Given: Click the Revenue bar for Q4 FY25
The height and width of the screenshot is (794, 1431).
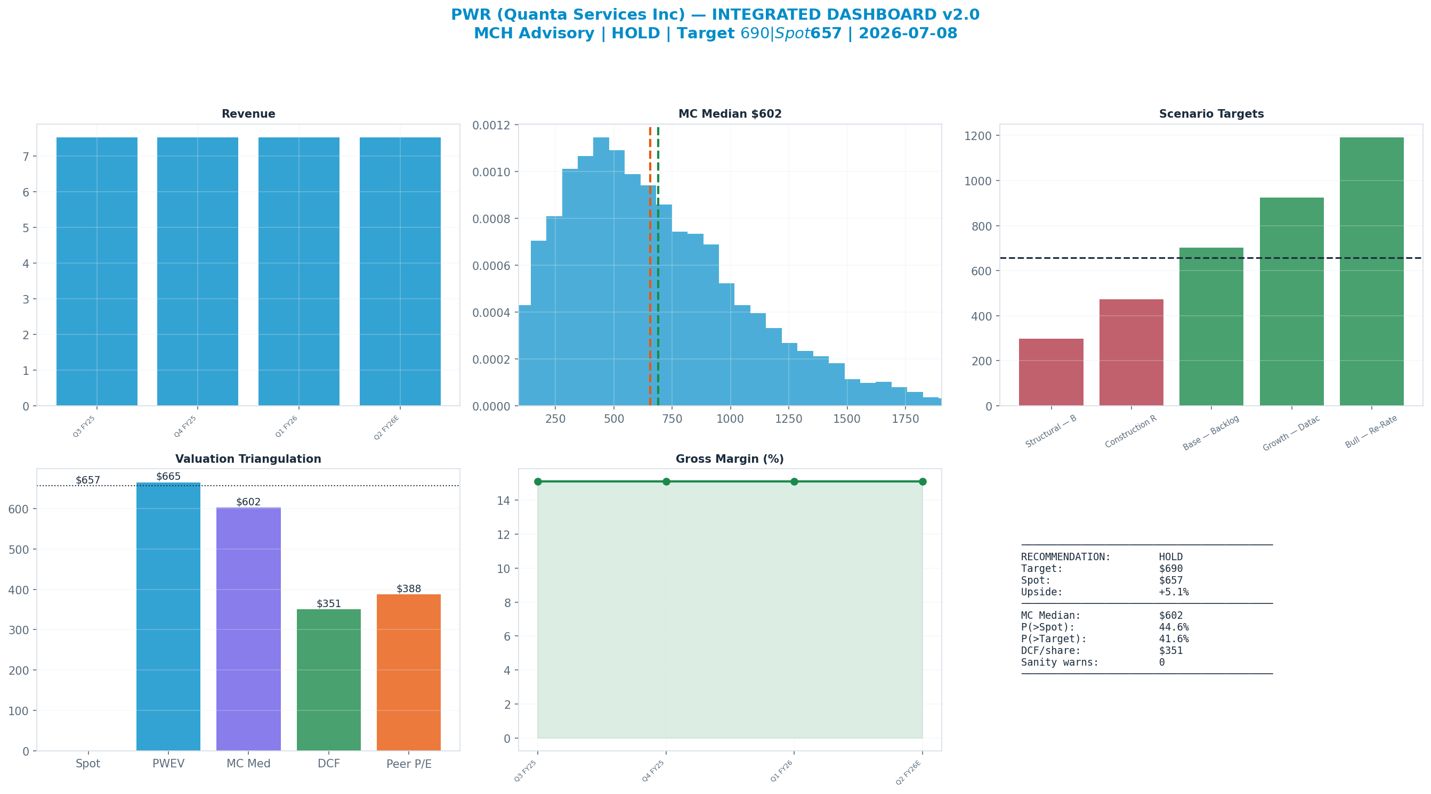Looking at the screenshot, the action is click(198, 272).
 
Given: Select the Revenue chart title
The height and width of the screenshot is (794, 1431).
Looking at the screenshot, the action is click(248, 114).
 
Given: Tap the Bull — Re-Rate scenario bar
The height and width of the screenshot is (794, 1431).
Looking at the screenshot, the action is click(1371, 272).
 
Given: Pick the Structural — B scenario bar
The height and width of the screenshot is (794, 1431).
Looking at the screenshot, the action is click(1051, 372).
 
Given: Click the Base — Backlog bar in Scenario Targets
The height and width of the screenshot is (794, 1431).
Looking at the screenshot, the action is click(1211, 326).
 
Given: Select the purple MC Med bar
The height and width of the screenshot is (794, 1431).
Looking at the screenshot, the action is click(248, 629).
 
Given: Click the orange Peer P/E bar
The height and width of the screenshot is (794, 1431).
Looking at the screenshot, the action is click(409, 673).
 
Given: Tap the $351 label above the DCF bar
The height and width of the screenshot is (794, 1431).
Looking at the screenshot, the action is click(329, 603).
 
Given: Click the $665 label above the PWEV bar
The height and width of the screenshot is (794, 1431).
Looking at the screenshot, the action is click(168, 477).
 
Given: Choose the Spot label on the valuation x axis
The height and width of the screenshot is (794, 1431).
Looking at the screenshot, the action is click(88, 764).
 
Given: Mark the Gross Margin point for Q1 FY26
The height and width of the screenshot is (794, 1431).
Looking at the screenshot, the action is click(795, 481).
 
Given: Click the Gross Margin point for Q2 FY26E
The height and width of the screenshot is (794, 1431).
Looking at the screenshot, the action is click(923, 481).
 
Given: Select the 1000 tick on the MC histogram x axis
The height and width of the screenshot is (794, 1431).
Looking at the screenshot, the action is click(730, 419).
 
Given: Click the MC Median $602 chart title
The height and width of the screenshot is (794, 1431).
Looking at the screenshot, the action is click(730, 114).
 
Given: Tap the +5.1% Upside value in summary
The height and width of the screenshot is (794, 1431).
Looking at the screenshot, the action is click(1174, 592).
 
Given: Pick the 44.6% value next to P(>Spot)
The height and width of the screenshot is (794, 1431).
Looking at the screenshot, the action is click(1174, 627).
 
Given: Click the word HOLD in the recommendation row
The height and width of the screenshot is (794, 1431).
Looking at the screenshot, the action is click(1171, 557).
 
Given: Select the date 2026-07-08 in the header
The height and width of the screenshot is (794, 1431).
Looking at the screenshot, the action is click(908, 34).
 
